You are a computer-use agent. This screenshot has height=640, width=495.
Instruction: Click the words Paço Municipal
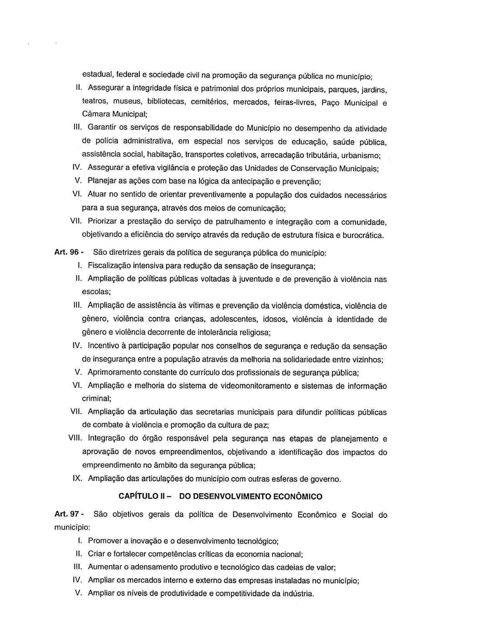click(x=349, y=103)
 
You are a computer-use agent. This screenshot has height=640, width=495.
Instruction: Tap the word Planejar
click(x=102, y=181)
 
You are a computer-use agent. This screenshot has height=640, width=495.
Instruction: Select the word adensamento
click(x=154, y=567)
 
